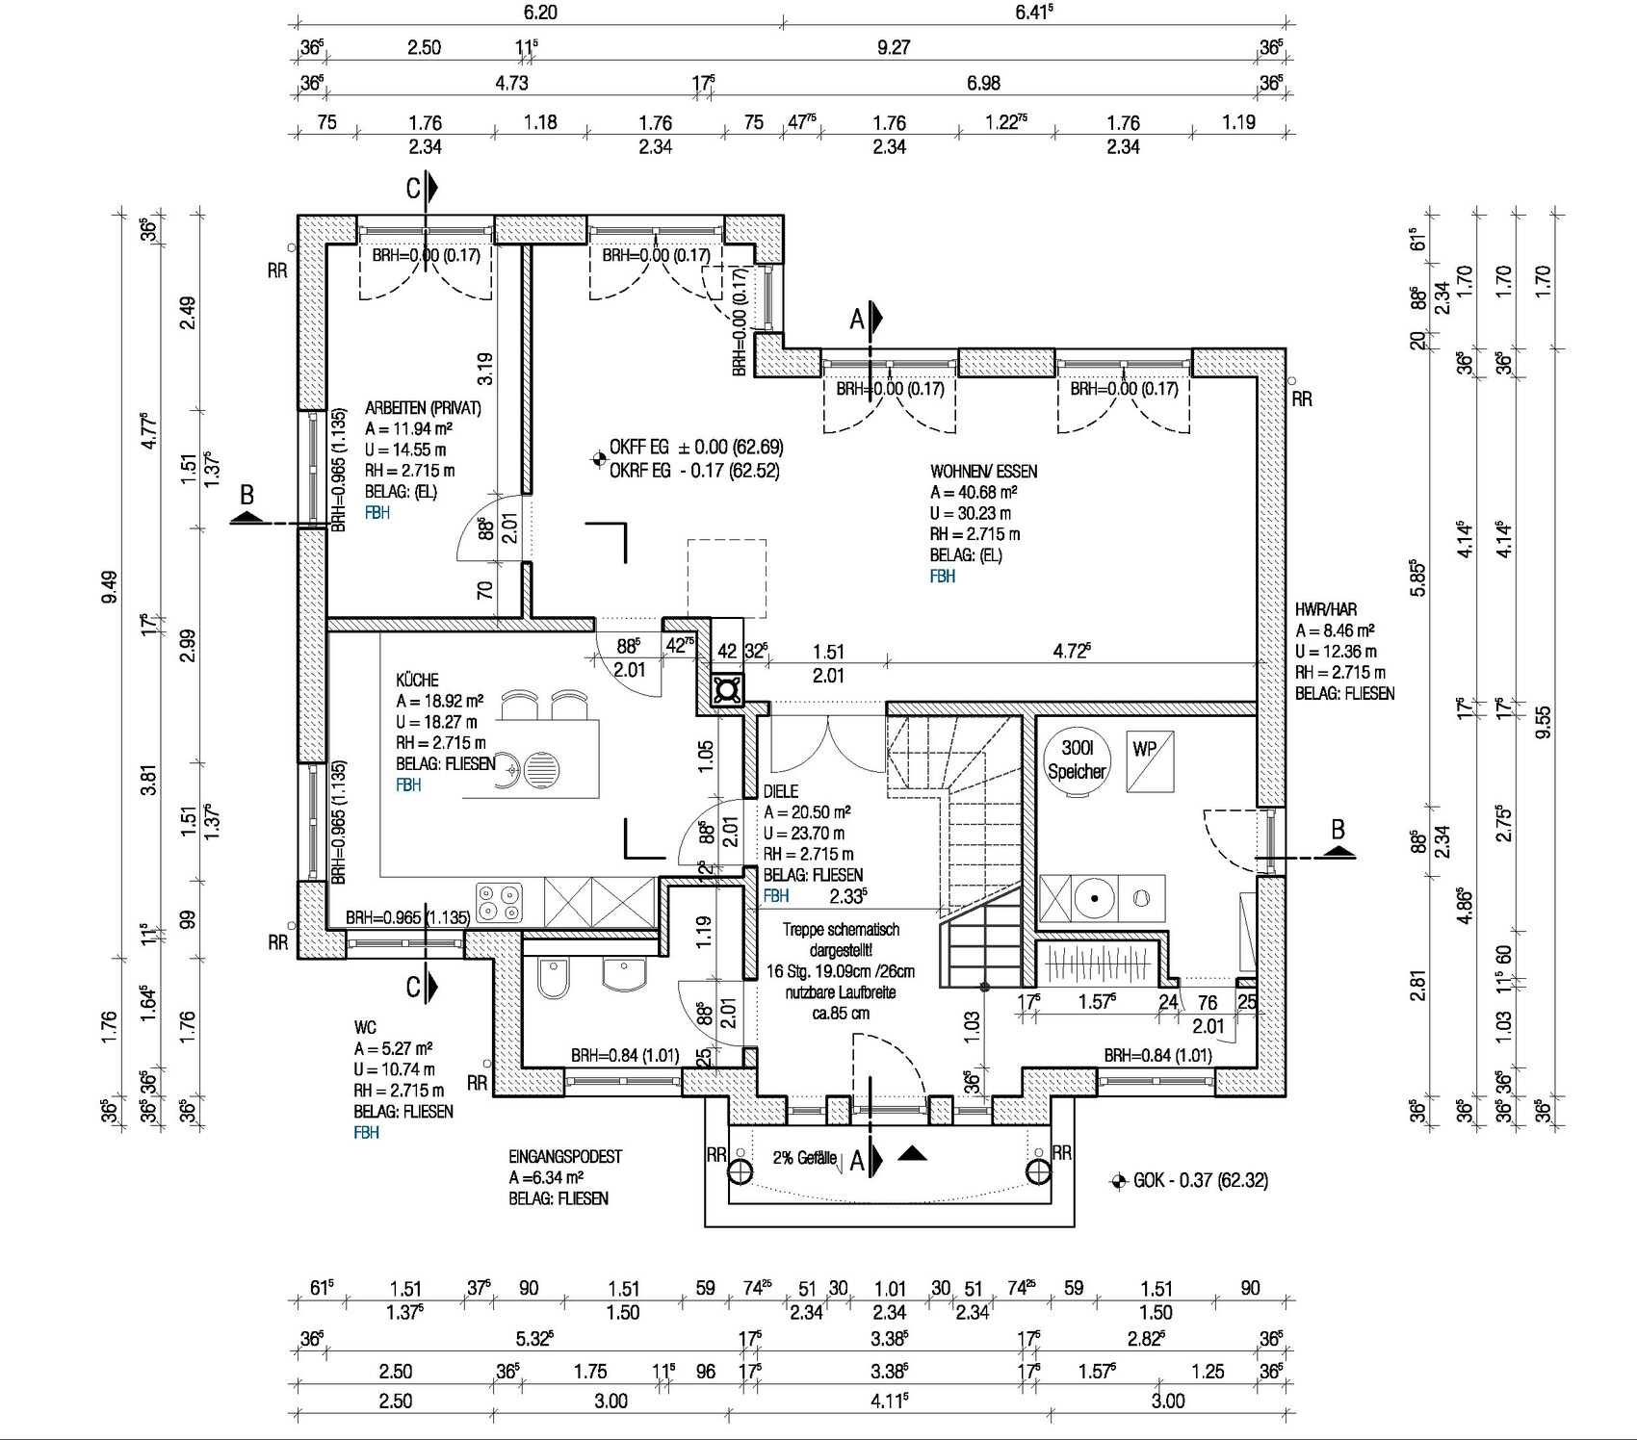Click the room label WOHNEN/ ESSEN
coord(983,472)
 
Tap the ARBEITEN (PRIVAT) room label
coord(423,408)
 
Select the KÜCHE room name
coord(417,680)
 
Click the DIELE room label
coord(780,791)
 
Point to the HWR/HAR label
coord(1326,609)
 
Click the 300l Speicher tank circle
coord(1077,760)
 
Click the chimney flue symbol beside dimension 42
coord(727,689)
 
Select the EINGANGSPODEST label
coord(565,1156)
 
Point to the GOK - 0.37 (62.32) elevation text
coord(1200,1180)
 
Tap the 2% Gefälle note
coord(804,1158)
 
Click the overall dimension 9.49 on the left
coord(109,587)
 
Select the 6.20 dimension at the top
coord(540,13)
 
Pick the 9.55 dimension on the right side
coord(1543,722)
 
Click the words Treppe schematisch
coord(841,930)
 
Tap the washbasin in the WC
coord(625,974)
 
